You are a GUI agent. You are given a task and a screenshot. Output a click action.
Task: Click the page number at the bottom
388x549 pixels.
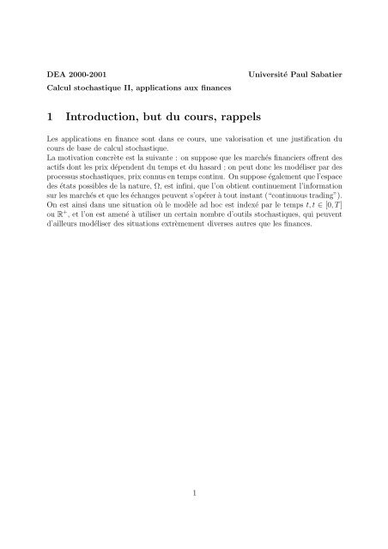194,492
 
